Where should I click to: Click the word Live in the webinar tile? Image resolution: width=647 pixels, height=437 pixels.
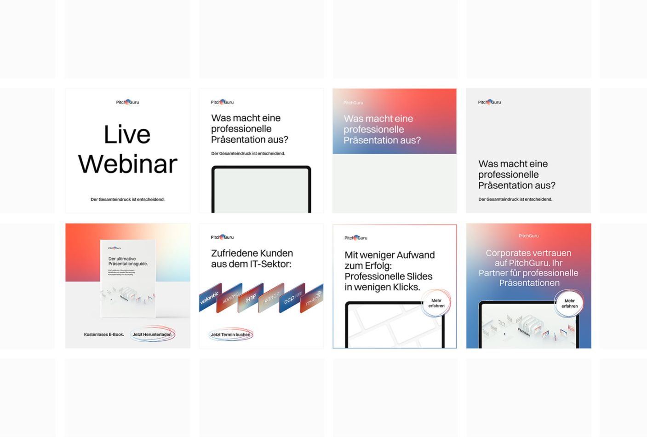pos(127,135)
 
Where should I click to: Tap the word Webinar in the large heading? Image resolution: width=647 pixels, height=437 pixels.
pos(128,164)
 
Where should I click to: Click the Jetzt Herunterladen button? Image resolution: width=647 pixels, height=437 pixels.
pos(152,334)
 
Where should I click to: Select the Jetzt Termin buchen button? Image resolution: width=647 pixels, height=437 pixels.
pos(230,334)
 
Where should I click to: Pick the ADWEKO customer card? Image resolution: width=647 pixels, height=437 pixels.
pos(231,298)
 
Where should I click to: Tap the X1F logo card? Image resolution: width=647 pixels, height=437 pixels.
pos(251,299)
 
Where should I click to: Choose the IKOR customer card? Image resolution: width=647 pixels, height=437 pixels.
pos(271,299)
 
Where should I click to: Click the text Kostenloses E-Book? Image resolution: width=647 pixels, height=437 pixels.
pos(104,334)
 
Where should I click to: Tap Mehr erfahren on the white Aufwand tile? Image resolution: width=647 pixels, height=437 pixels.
pos(436,303)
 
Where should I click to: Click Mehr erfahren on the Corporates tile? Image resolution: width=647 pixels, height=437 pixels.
pos(569,304)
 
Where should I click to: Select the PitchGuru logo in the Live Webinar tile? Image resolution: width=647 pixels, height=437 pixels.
pos(127,102)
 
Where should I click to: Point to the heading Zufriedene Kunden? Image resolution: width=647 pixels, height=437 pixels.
pos(252,253)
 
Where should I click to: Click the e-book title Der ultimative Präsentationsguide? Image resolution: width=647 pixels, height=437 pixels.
pos(128,261)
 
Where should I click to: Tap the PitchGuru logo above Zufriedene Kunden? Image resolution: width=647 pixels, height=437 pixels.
pos(222,237)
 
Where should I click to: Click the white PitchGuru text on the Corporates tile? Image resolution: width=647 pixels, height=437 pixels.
pos(528,236)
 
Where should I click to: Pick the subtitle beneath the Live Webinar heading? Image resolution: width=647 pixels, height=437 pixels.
pos(127,199)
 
